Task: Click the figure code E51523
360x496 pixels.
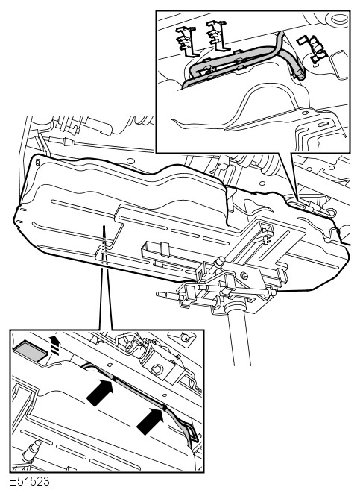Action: click(x=29, y=481)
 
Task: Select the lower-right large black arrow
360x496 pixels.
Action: click(x=151, y=421)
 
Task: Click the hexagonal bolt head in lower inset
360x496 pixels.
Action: click(x=157, y=369)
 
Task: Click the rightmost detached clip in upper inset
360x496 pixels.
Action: click(x=312, y=48)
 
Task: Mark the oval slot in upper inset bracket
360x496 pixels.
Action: click(x=322, y=124)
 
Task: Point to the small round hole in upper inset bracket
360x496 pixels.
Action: click(x=305, y=113)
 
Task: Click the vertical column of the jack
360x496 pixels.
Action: click(x=239, y=336)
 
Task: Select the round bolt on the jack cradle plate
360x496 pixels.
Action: click(x=244, y=275)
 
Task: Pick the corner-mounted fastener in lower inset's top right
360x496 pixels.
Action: click(x=183, y=337)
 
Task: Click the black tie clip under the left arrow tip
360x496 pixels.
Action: click(x=115, y=378)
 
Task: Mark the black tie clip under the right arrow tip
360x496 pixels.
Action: click(x=165, y=407)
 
